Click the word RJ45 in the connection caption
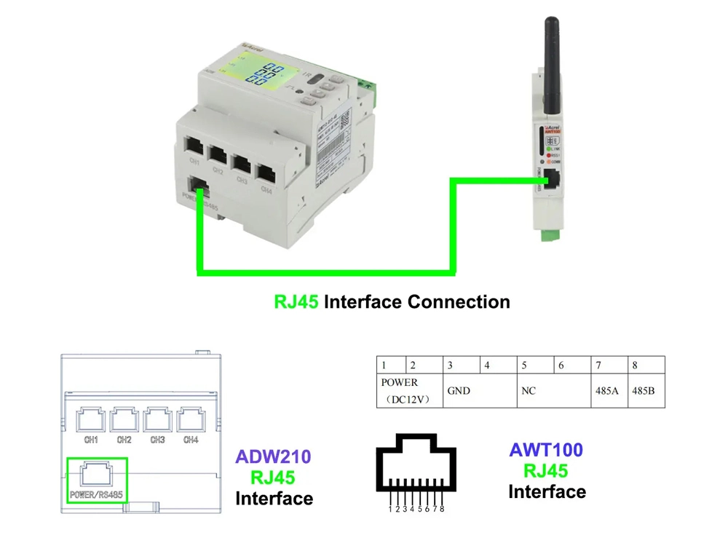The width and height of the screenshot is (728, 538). click(x=296, y=301)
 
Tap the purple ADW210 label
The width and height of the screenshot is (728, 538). click(x=273, y=457)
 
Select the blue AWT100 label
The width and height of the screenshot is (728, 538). click(x=546, y=450)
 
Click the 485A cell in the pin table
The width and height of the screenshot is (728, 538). click(x=606, y=391)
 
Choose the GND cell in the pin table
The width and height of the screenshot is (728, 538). click(x=459, y=391)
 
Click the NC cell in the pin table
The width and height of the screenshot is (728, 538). click(x=529, y=391)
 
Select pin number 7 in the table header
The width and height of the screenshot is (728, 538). click(x=598, y=365)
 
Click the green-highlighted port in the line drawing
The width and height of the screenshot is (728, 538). click(x=96, y=478)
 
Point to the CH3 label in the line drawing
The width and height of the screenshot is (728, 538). click(x=157, y=440)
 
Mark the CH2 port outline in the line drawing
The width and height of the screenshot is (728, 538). click(x=124, y=420)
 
